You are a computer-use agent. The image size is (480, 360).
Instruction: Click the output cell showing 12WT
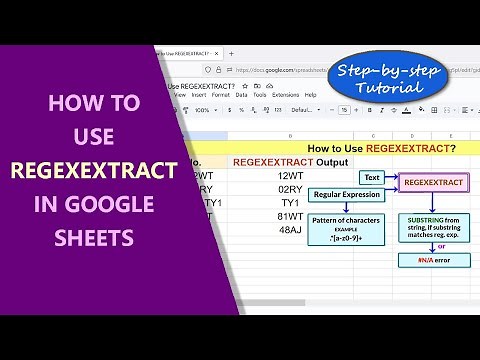(x=290, y=176)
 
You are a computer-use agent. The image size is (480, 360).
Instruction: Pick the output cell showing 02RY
(x=290, y=189)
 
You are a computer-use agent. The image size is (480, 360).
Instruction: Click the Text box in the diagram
(x=371, y=178)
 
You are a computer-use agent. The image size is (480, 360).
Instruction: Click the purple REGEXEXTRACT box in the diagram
(x=435, y=183)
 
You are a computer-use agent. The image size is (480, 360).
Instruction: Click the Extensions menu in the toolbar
(x=286, y=94)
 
